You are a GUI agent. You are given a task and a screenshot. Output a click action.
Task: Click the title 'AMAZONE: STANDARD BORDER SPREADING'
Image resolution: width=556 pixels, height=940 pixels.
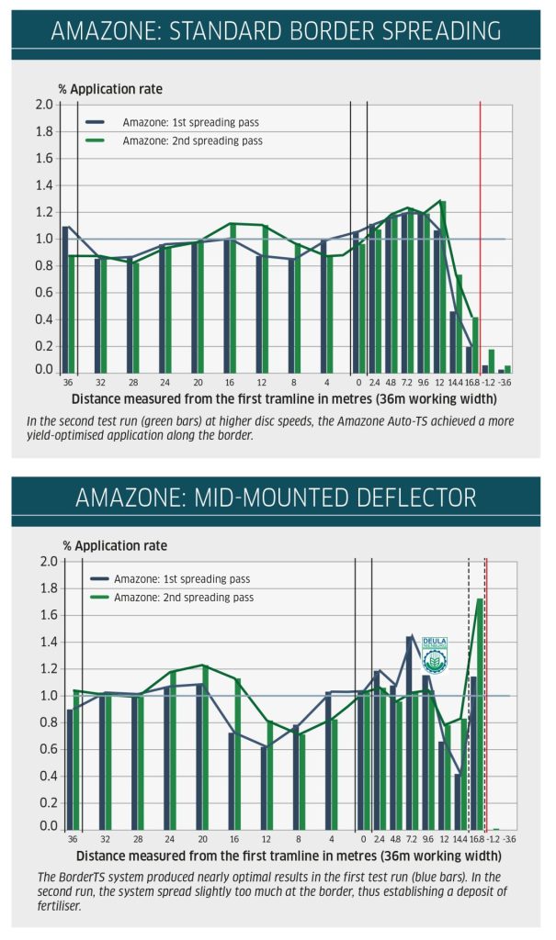277,29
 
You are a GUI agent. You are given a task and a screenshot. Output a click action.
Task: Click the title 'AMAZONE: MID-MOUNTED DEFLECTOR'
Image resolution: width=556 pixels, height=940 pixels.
277,498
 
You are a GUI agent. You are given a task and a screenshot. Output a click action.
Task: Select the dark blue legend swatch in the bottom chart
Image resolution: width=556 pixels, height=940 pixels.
100,579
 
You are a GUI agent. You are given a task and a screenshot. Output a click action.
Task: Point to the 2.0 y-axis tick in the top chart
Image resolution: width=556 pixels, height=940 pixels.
44,105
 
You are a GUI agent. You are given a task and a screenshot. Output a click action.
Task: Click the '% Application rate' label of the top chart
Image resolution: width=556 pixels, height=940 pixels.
110,89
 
